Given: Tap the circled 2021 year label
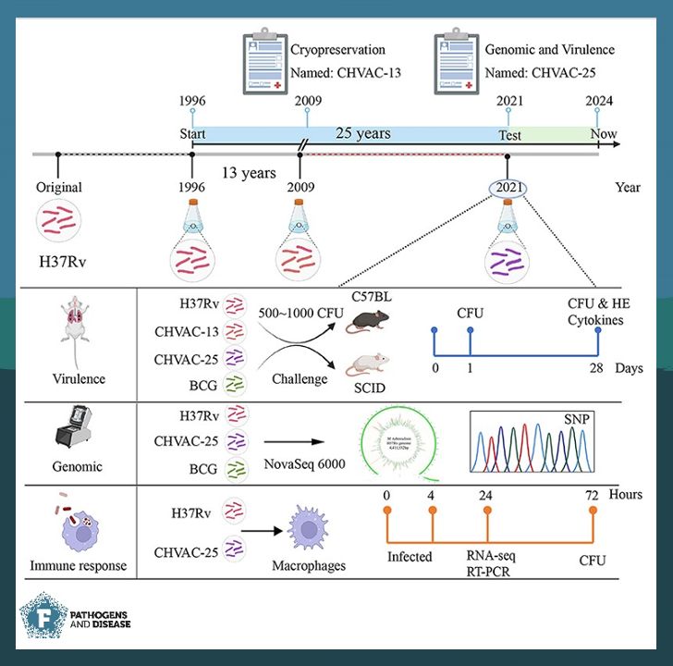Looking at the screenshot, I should pos(508,187).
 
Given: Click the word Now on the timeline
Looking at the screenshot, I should pos(604,135).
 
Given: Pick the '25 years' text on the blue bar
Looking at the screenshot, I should pos(362,133).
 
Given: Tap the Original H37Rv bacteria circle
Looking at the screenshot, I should pos(59,224).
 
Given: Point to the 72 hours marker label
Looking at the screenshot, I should pos(592,496).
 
